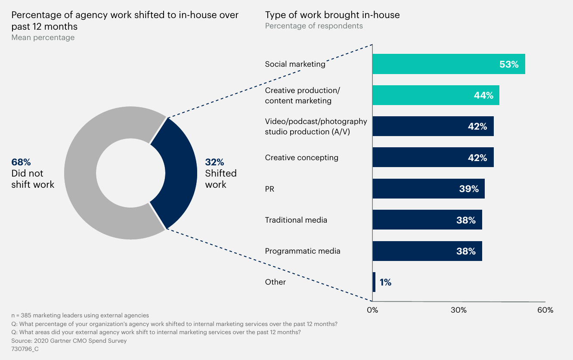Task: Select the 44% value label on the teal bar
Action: pyautogui.click(x=483, y=96)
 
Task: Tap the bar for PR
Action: pyautogui.click(x=428, y=189)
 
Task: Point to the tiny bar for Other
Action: pyautogui.click(x=374, y=282)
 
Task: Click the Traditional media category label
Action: pyautogui.click(x=296, y=220)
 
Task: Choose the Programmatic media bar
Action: pyautogui.click(x=427, y=251)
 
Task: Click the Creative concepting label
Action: pyautogui.click(x=301, y=158)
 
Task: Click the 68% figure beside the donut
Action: pyautogui.click(x=21, y=162)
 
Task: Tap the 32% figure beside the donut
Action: pyautogui.click(x=214, y=162)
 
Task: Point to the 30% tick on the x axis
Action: pyautogui.click(x=458, y=310)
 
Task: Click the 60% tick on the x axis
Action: pyautogui.click(x=545, y=310)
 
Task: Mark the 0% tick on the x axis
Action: pyautogui.click(x=372, y=310)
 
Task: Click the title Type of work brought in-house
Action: pyautogui.click(x=332, y=15)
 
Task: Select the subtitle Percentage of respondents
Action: pyautogui.click(x=314, y=26)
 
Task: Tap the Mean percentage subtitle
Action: pyautogui.click(x=43, y=37)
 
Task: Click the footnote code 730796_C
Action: pyautogui.click(x=25, y=349)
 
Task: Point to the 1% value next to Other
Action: pyautogui.click(x=385, y=282)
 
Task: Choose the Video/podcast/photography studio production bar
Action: pyautogui.click(x=433, y=126)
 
